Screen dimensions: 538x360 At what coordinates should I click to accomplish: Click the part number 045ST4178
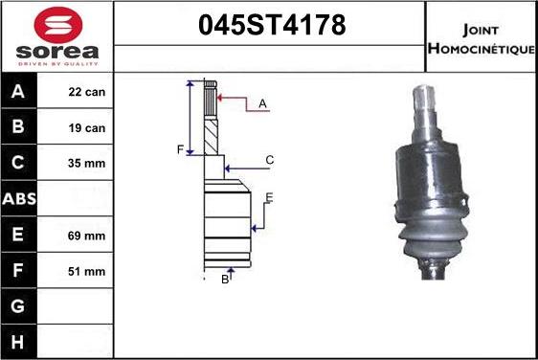[x=272, y=25]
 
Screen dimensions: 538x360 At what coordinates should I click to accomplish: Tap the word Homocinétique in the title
[x=482, y=49]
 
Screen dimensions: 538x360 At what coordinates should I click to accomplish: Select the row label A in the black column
[x=18, y=91]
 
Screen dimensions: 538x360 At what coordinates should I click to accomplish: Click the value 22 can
[x=87, y=92]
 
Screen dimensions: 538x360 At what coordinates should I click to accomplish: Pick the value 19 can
[x=87, y=128]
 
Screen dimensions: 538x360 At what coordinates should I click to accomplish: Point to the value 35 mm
[x=86, y=163]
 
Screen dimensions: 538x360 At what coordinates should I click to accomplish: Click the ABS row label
[x=19, y=199]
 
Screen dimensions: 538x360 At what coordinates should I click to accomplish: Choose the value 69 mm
[x=86, y=236]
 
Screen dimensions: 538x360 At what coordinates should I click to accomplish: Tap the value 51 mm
[x=86, y=272]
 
